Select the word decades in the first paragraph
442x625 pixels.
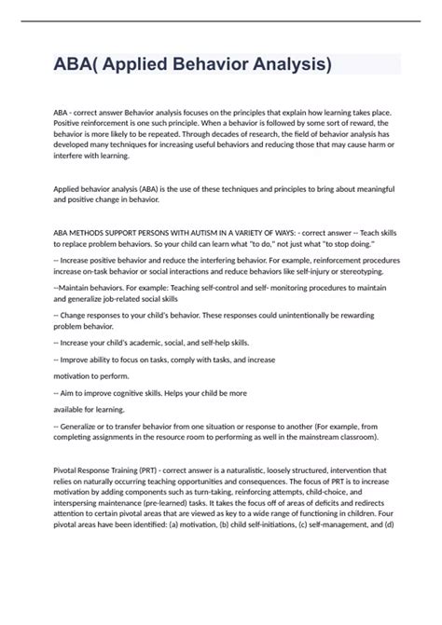[x=212, y=146]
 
